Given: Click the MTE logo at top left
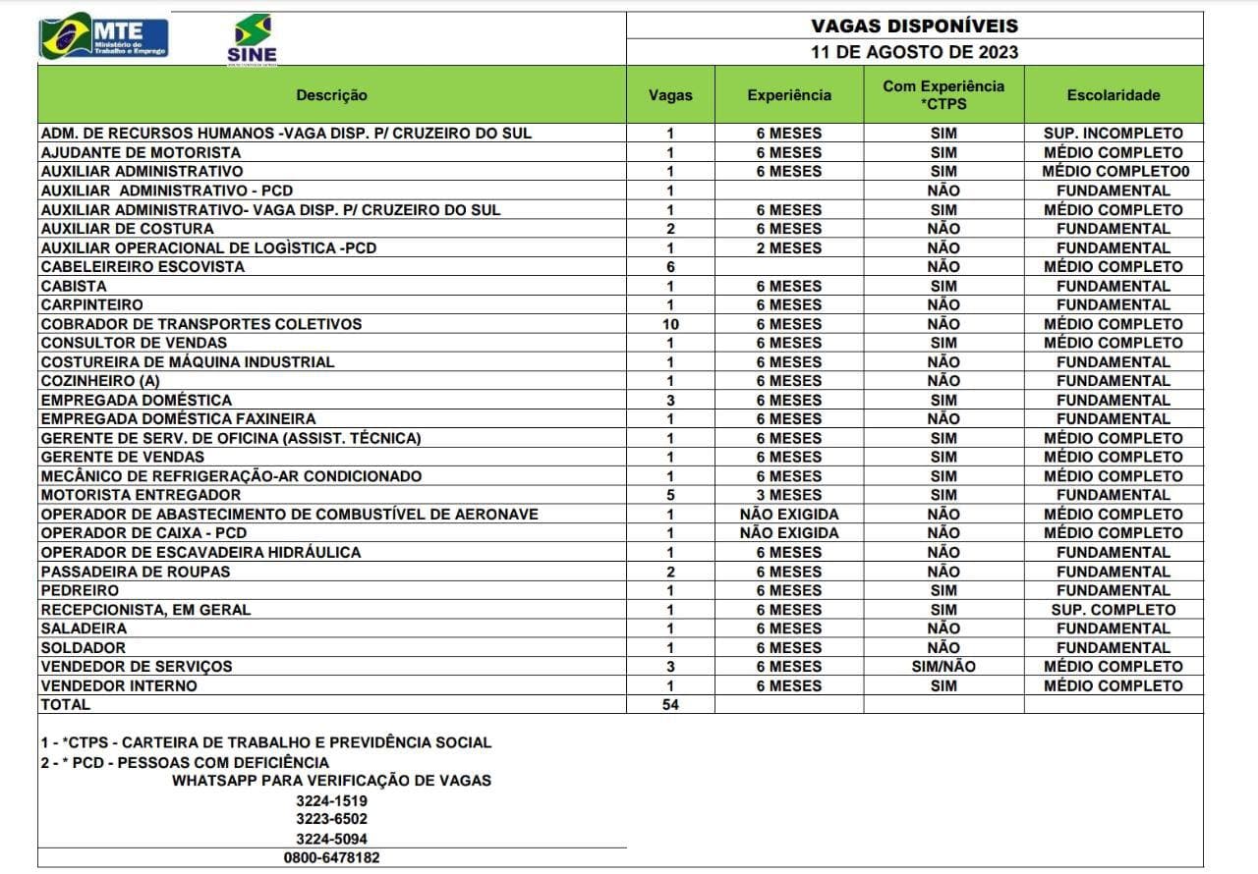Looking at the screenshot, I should (103, 36).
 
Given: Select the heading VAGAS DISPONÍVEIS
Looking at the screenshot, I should (914, 26).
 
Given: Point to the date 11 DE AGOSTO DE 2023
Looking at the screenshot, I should (914, 52).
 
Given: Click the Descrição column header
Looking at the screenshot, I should (331, 95).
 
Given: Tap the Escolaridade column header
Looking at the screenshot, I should (1113, 95).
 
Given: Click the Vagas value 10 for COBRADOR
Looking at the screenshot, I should (670, 324).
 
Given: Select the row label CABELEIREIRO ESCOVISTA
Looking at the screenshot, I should (143, 267).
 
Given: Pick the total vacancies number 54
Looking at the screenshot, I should (670, 704).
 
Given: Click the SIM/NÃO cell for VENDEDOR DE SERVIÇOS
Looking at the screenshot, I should (943, 667).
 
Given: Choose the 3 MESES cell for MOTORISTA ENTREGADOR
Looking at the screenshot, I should (788, 495).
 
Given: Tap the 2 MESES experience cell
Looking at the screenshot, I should (788, 248).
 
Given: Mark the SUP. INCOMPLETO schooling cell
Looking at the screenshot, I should (1113, 134).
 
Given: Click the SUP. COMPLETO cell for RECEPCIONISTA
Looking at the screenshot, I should (1113, 610).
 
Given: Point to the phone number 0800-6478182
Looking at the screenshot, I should (331, 857).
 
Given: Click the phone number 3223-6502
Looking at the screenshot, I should (331, 819).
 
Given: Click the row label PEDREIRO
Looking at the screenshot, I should (80, 590).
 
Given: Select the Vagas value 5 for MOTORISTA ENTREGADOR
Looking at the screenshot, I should (670, 495).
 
